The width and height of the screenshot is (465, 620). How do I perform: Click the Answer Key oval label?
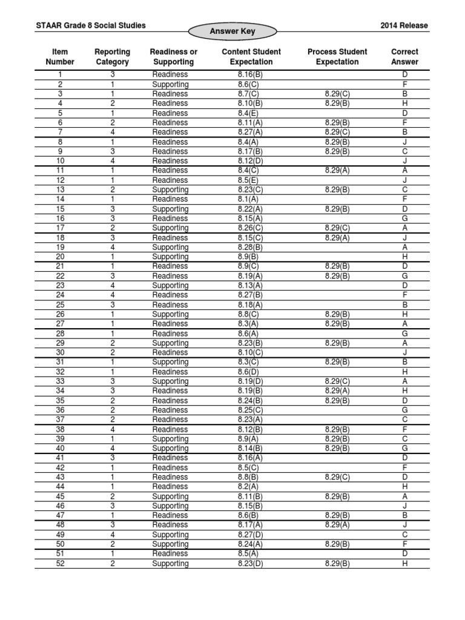point(232,31)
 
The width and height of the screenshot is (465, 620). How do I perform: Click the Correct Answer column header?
point(404,57)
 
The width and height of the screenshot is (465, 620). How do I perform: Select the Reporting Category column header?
point(112,57)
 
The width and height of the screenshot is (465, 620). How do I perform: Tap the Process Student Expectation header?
point(333,57)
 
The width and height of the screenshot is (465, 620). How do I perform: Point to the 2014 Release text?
point(404,25)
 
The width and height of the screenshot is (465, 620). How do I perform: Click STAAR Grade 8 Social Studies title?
point(91,25)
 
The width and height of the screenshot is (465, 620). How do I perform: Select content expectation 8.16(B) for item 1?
point(249,74)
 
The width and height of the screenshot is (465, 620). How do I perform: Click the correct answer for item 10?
point(405,161)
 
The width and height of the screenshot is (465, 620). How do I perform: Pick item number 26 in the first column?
point(60,314)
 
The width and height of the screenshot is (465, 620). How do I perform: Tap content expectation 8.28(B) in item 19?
point(249,247)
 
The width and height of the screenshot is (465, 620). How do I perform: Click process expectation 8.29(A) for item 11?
point(333,170)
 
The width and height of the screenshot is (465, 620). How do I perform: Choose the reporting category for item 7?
point(112,132)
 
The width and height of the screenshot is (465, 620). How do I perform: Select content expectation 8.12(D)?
point(249,161)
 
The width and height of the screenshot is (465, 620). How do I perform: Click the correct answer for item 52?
point(405,564)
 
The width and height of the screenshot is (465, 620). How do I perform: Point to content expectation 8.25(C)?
point(249,410)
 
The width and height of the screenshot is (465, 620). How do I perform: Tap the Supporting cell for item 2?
point(170,84)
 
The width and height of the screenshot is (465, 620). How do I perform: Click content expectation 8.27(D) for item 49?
point(249,535)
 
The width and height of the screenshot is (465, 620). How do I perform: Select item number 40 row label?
point(60,449)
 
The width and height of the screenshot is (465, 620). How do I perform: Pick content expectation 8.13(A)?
point(249,285)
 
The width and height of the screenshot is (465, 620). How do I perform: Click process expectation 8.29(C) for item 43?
point(333,477)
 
